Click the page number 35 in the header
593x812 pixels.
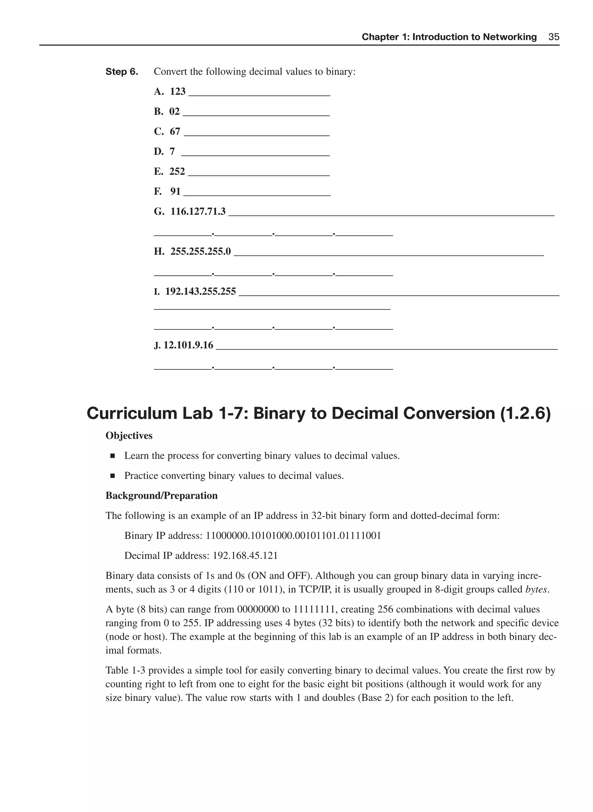coord(554,37)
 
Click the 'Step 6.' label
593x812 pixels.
coord(122,72)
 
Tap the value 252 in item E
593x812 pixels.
coord(177,171)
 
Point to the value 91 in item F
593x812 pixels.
coord(175,192)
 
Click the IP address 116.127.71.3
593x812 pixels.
coord(198,211)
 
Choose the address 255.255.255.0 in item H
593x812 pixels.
coord(200,251)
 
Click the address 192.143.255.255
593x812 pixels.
coord(200,291)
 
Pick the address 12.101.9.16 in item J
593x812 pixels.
coord(188,345)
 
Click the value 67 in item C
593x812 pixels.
coord(175,132)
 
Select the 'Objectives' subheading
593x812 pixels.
coord(129,436)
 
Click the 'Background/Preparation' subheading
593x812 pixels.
coord(161,496)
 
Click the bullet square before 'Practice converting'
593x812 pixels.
coord(113,476)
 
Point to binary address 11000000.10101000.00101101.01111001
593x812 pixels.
coord(293,536)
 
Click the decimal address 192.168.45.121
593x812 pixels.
coord(245,556)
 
